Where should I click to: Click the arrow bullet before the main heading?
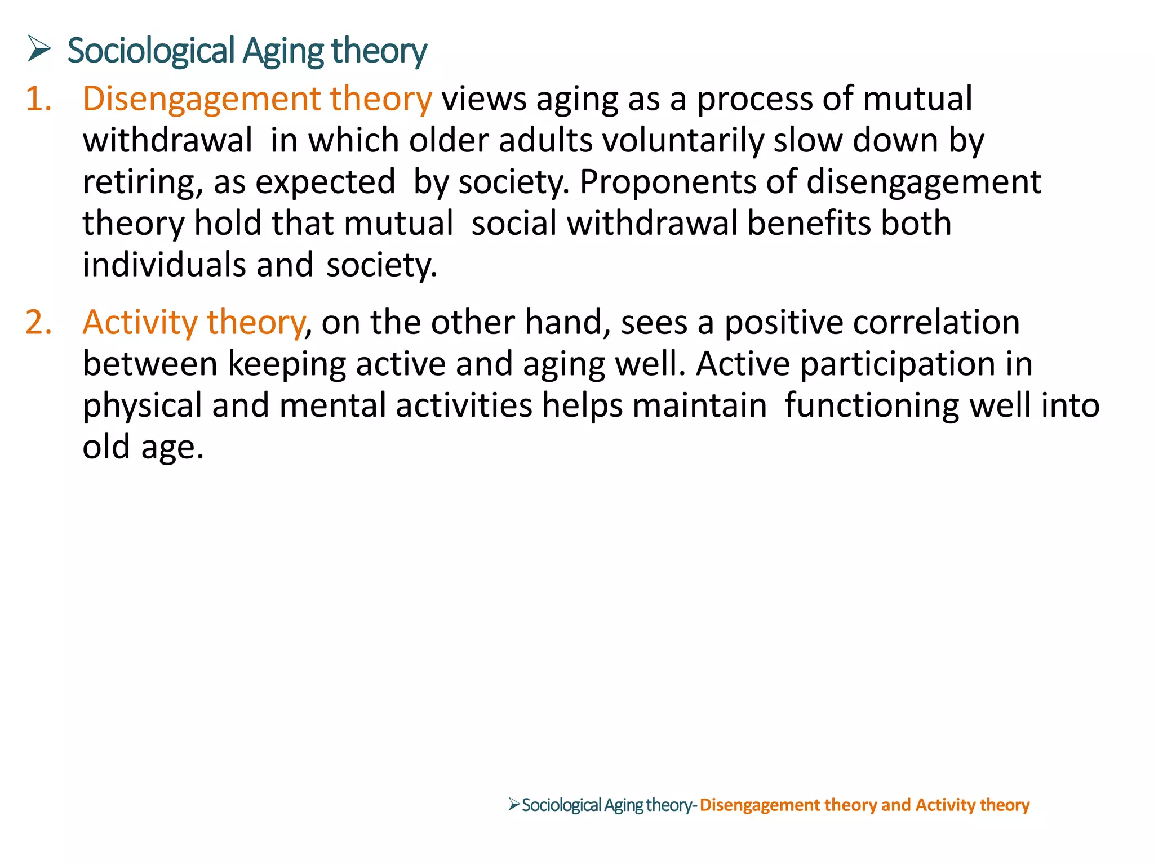tap(39, 50)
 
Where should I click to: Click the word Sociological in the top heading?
tap(151, 51)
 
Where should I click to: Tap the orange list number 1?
tap(38, 99)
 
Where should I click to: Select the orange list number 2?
tap(38, 323)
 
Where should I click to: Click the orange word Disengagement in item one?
tap(201, 100)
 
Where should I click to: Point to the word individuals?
tap(164, 265)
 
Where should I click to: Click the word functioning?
tap(871, 406)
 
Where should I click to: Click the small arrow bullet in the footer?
tap(513, 804)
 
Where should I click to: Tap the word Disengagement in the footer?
tap(760, 805)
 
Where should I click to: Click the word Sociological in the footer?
tap(561, 805)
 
